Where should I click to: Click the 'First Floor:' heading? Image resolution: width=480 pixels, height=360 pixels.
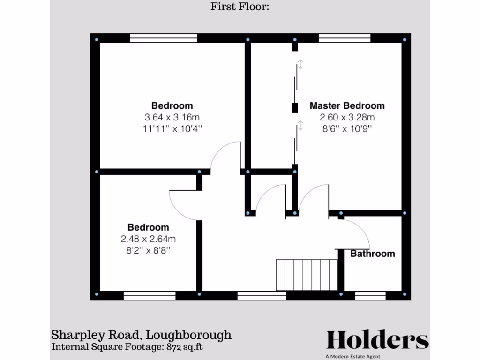coord(240,7)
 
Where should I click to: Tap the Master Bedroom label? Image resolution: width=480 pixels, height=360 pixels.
coord(347,106)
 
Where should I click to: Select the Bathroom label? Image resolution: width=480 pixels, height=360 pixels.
coord(373,254)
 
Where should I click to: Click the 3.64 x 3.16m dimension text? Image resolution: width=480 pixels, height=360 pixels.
coord(172,117)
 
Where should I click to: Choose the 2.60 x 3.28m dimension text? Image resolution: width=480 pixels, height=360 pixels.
coord(347,117)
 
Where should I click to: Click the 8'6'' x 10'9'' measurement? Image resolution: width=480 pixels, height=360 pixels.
coord(347,128)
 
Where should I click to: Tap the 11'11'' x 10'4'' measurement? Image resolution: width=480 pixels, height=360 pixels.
coord(172,128)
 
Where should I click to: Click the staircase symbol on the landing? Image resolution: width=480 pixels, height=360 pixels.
coord(307,275)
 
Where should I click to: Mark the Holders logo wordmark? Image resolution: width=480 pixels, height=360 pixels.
coord(377,340)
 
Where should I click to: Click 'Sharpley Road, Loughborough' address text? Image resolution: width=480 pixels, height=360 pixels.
coord(141,335)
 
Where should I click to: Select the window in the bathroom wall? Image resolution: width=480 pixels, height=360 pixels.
coord(370,295)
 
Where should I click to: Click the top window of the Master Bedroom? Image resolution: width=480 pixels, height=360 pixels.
coord(345,38)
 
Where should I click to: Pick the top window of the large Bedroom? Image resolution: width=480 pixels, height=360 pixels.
coord(163,38)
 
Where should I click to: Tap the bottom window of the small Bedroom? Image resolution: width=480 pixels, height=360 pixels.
coord(150,295)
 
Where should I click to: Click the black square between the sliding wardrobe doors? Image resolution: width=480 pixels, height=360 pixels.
coord(295,108)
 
